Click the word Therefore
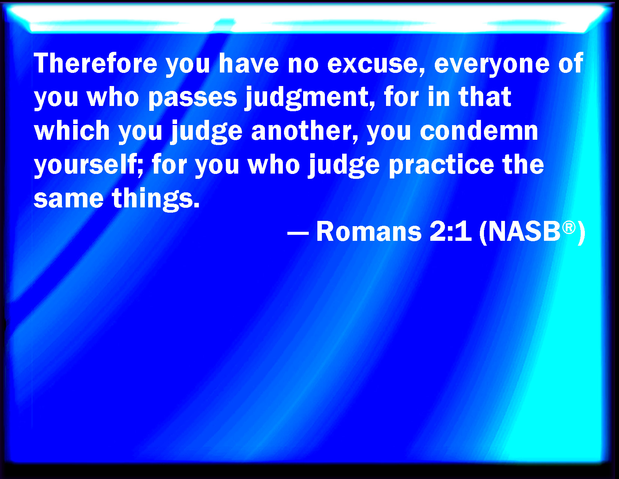95,63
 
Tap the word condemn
479,130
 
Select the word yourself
89,165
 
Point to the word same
69,199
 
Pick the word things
156,199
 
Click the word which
72,130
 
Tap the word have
249,63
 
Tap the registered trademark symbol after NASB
569,228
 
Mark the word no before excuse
303,65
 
